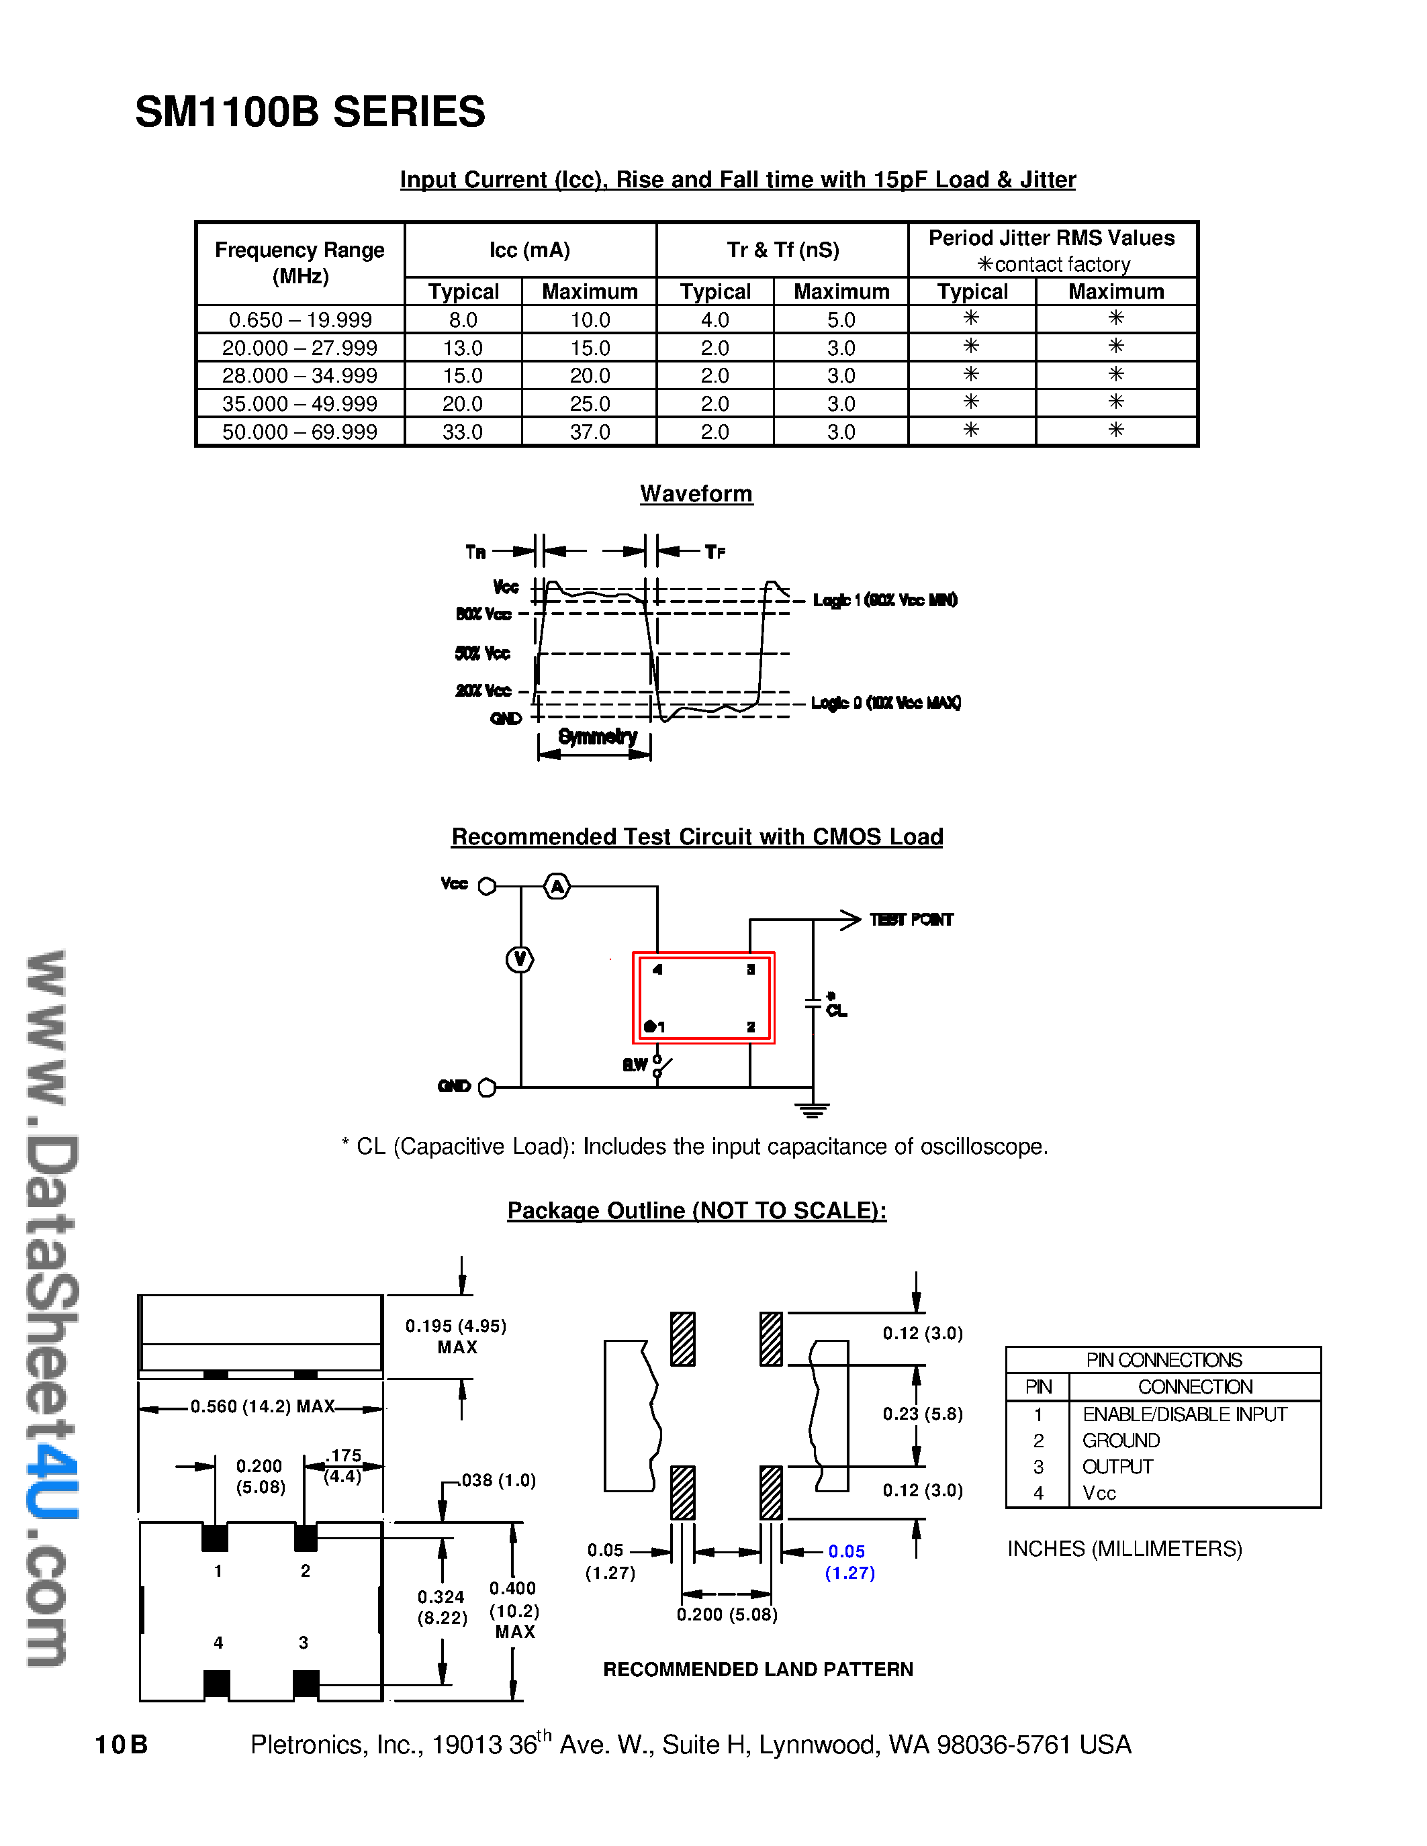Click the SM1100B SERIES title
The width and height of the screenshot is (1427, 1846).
pyautogui.click(x=310, y=112)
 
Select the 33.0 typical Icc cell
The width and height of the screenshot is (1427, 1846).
pyautogui.click(x=463, y=432)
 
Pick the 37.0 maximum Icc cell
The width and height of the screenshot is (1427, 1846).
pyautogui.click(x=589, y=432)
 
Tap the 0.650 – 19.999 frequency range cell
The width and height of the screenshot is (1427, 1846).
pyautogui.click(x=300, y=320)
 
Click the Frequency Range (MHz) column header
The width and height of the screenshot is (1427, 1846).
pyautogui.click(x=300, y=263)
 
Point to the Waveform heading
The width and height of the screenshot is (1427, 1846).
pyautogui.click(x=696, y=493)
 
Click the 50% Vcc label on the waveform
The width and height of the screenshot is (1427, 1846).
pyautogui.click(x=483, y=653)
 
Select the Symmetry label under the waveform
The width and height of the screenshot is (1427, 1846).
pyautogui.click(x=597, y=736)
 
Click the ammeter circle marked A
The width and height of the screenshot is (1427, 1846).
pyautogui.click(x=556, y=886)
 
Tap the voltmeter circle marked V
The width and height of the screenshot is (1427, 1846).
pyautogui.click(x=520, y=959)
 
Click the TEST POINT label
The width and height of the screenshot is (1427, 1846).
pyautogui.click(x=911, y=920)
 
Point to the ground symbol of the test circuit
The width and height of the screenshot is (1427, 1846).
pyautogui.click(x=813, y=1110)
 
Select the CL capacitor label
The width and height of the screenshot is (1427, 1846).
pyautogui.click(x=836, y=1011)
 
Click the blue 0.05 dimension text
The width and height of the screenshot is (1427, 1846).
pyautogui.click(x=846, y=1551)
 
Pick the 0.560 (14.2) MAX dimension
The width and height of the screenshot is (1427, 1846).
pyautogui.click(x=262, y=1406)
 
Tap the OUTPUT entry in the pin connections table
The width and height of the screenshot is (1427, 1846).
pyautogui.click(x=1117, y=1467)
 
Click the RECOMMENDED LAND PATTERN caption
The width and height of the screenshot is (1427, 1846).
pyautogui.click(x=757, y=1669)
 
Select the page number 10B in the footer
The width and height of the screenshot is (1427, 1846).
pyautogui.click(x=121, y=1745)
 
